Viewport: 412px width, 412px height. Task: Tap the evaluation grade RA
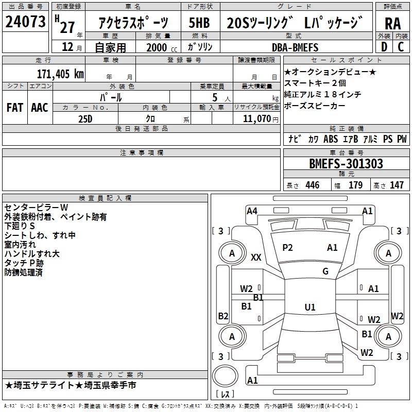tap(393, 23)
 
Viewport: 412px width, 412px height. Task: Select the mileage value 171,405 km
tap(60, 74)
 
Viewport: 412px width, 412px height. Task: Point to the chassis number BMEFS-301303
tap(346, 164)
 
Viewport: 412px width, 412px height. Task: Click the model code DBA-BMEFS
tap(295, 47)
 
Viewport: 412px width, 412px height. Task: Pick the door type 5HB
tap(199, 23)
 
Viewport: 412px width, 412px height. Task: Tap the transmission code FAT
tap(14, 107)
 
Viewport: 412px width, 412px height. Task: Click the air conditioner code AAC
tap(39, 107)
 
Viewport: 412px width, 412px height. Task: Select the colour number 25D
tap(84, 118)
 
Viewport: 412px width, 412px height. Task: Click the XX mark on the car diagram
tap(256, 257)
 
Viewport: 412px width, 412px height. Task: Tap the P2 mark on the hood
tap(287, 248)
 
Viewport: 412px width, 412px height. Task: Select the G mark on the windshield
tap(325, 271)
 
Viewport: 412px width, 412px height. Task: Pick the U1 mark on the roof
tap(310, 307)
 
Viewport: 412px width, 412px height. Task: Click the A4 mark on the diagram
tap(252, 211)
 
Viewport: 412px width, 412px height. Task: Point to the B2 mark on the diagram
tap(223, 316)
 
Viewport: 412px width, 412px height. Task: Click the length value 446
tap(312, 185)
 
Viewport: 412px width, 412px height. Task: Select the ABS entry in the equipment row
tap(330, 139)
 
